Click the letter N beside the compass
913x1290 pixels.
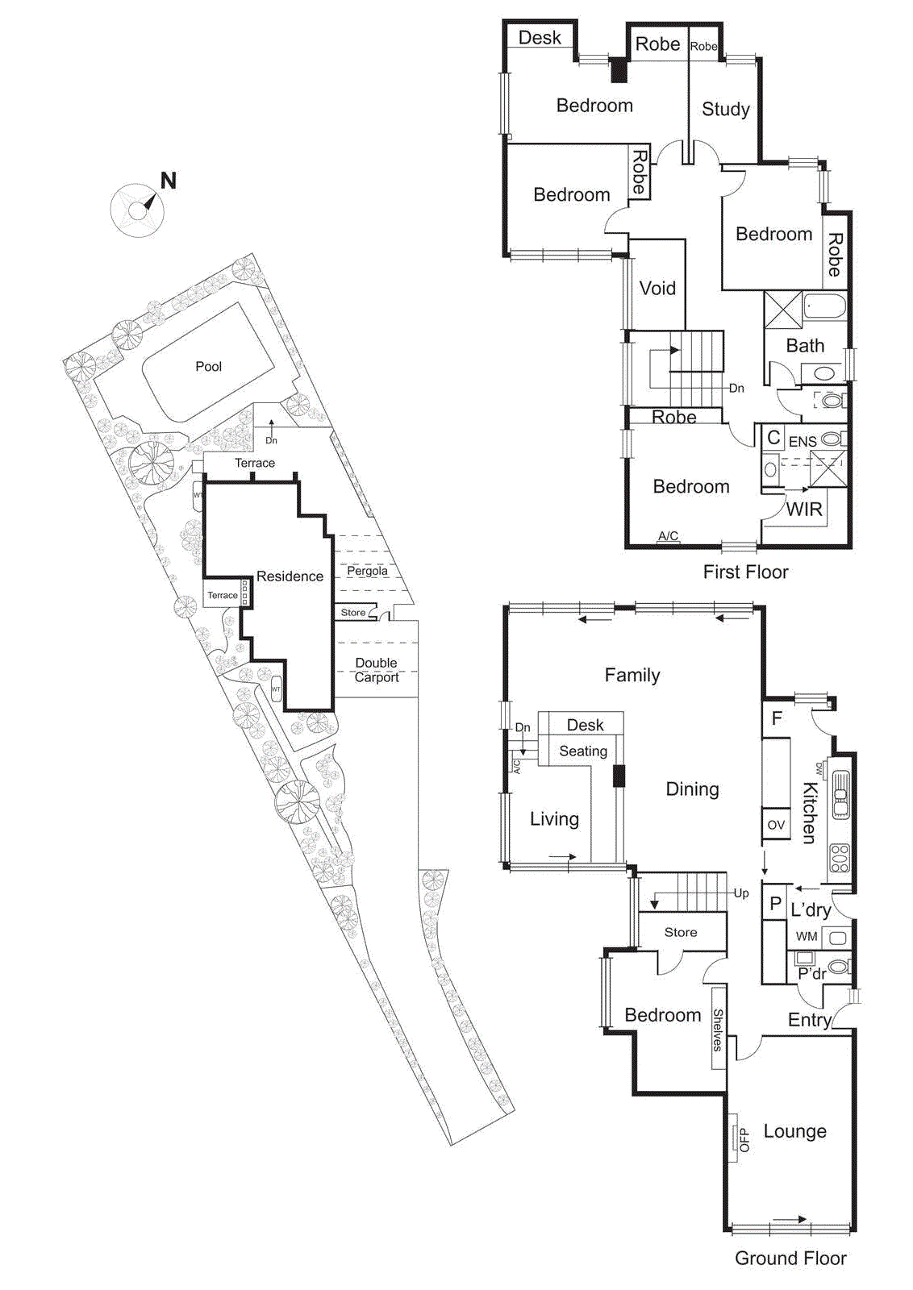click(x=169, y=181)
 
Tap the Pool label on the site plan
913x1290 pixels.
click(x=208, y=366)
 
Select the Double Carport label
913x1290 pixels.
click(x=376, y=670)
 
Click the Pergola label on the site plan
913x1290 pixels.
click(x=367, y=571)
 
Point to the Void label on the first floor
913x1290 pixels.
click(x=657, y=288)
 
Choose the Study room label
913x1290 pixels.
click(x=726, y=109)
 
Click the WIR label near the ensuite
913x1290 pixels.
click(x=804, y=510)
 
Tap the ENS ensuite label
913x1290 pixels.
click(x=803, y=441)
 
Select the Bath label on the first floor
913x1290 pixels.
click(x=805, y=346)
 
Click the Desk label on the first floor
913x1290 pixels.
click(x=540, y=38)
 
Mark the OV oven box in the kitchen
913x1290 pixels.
click(x=776, y=825)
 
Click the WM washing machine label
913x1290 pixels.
click(x=807, y=937)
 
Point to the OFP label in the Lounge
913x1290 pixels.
click(x=744, y=1139)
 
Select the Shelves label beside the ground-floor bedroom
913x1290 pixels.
click(x=718, y=1030)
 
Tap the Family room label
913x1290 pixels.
click(x=632, y=676)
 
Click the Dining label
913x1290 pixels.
click(x=692, y=789)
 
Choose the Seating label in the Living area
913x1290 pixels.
click(x=583, y=751)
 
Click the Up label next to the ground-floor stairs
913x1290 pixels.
click(x=741, y=893)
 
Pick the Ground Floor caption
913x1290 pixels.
click(x=790, y=1259)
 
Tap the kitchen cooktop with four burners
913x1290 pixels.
click(x=840, y=858)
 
